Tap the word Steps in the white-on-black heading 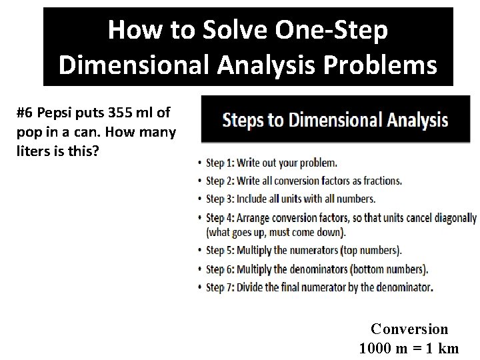[245, 121]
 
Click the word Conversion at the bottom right [409, 329]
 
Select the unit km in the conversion [449, 347]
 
